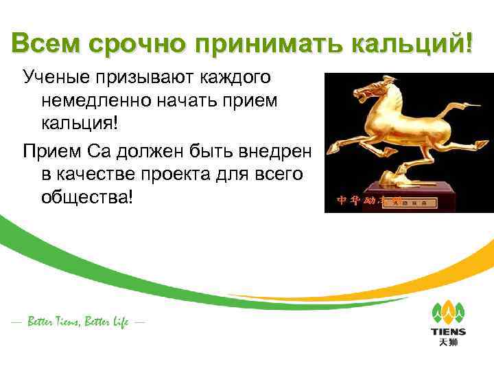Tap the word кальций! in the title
(412, 45)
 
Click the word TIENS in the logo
(448, 332)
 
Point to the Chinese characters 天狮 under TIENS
(448, 344)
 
